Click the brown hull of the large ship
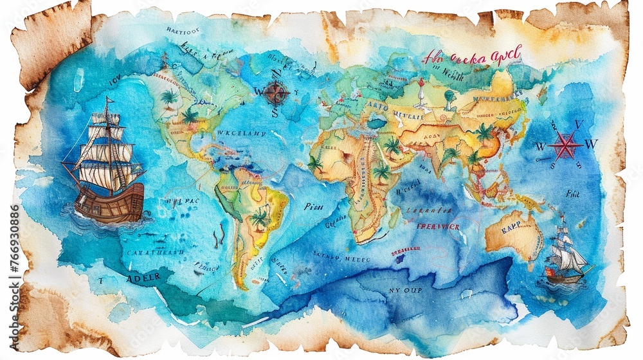coord(109,203)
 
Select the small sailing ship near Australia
coord(566,257)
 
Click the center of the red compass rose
coord(565,145)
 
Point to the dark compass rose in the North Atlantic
coord(276,93)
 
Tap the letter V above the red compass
coord(578,124)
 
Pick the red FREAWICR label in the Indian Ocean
coord(437,226)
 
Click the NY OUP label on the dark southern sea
coord(404,290)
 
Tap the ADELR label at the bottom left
coord(143,279)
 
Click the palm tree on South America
coord(260,218)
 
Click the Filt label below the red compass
coord(572,193)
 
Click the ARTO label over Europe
coord(377,107)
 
